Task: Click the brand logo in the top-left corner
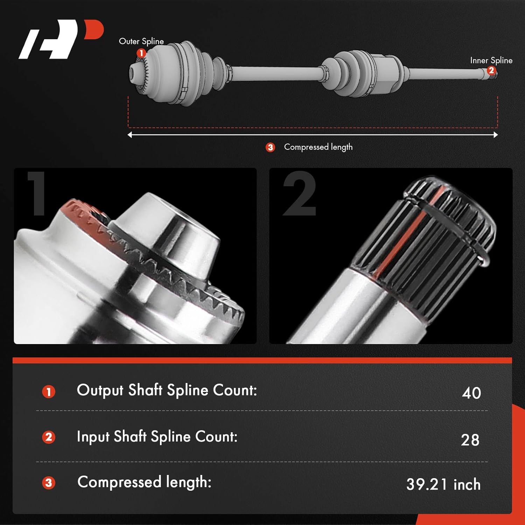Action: (x=61, y=39)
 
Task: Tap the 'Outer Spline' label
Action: (x=141, y=41)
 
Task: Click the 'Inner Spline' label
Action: (x=491, y=61)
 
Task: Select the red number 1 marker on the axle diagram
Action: (x=141, y=53)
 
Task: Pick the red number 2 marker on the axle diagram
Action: (x=491, y=71)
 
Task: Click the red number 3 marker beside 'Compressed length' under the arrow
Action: (x=270, y=147)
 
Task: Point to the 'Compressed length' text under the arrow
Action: (x=318, y=147)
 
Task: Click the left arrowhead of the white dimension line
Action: (x=130, y=135)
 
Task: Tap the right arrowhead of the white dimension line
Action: (x=496, y=135)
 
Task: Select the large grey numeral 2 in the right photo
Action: (x=300, y=194)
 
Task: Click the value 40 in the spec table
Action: (x=471, y=393)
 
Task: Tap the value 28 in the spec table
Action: (x=470, y=440)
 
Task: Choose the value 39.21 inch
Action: (x=443, y=485)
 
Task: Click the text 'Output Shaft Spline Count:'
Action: (x=167, y=390)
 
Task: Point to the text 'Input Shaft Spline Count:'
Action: (x=157, y=437)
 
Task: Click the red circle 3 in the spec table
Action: (x=49, y=483)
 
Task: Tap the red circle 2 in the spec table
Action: (x=49, y=437)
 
